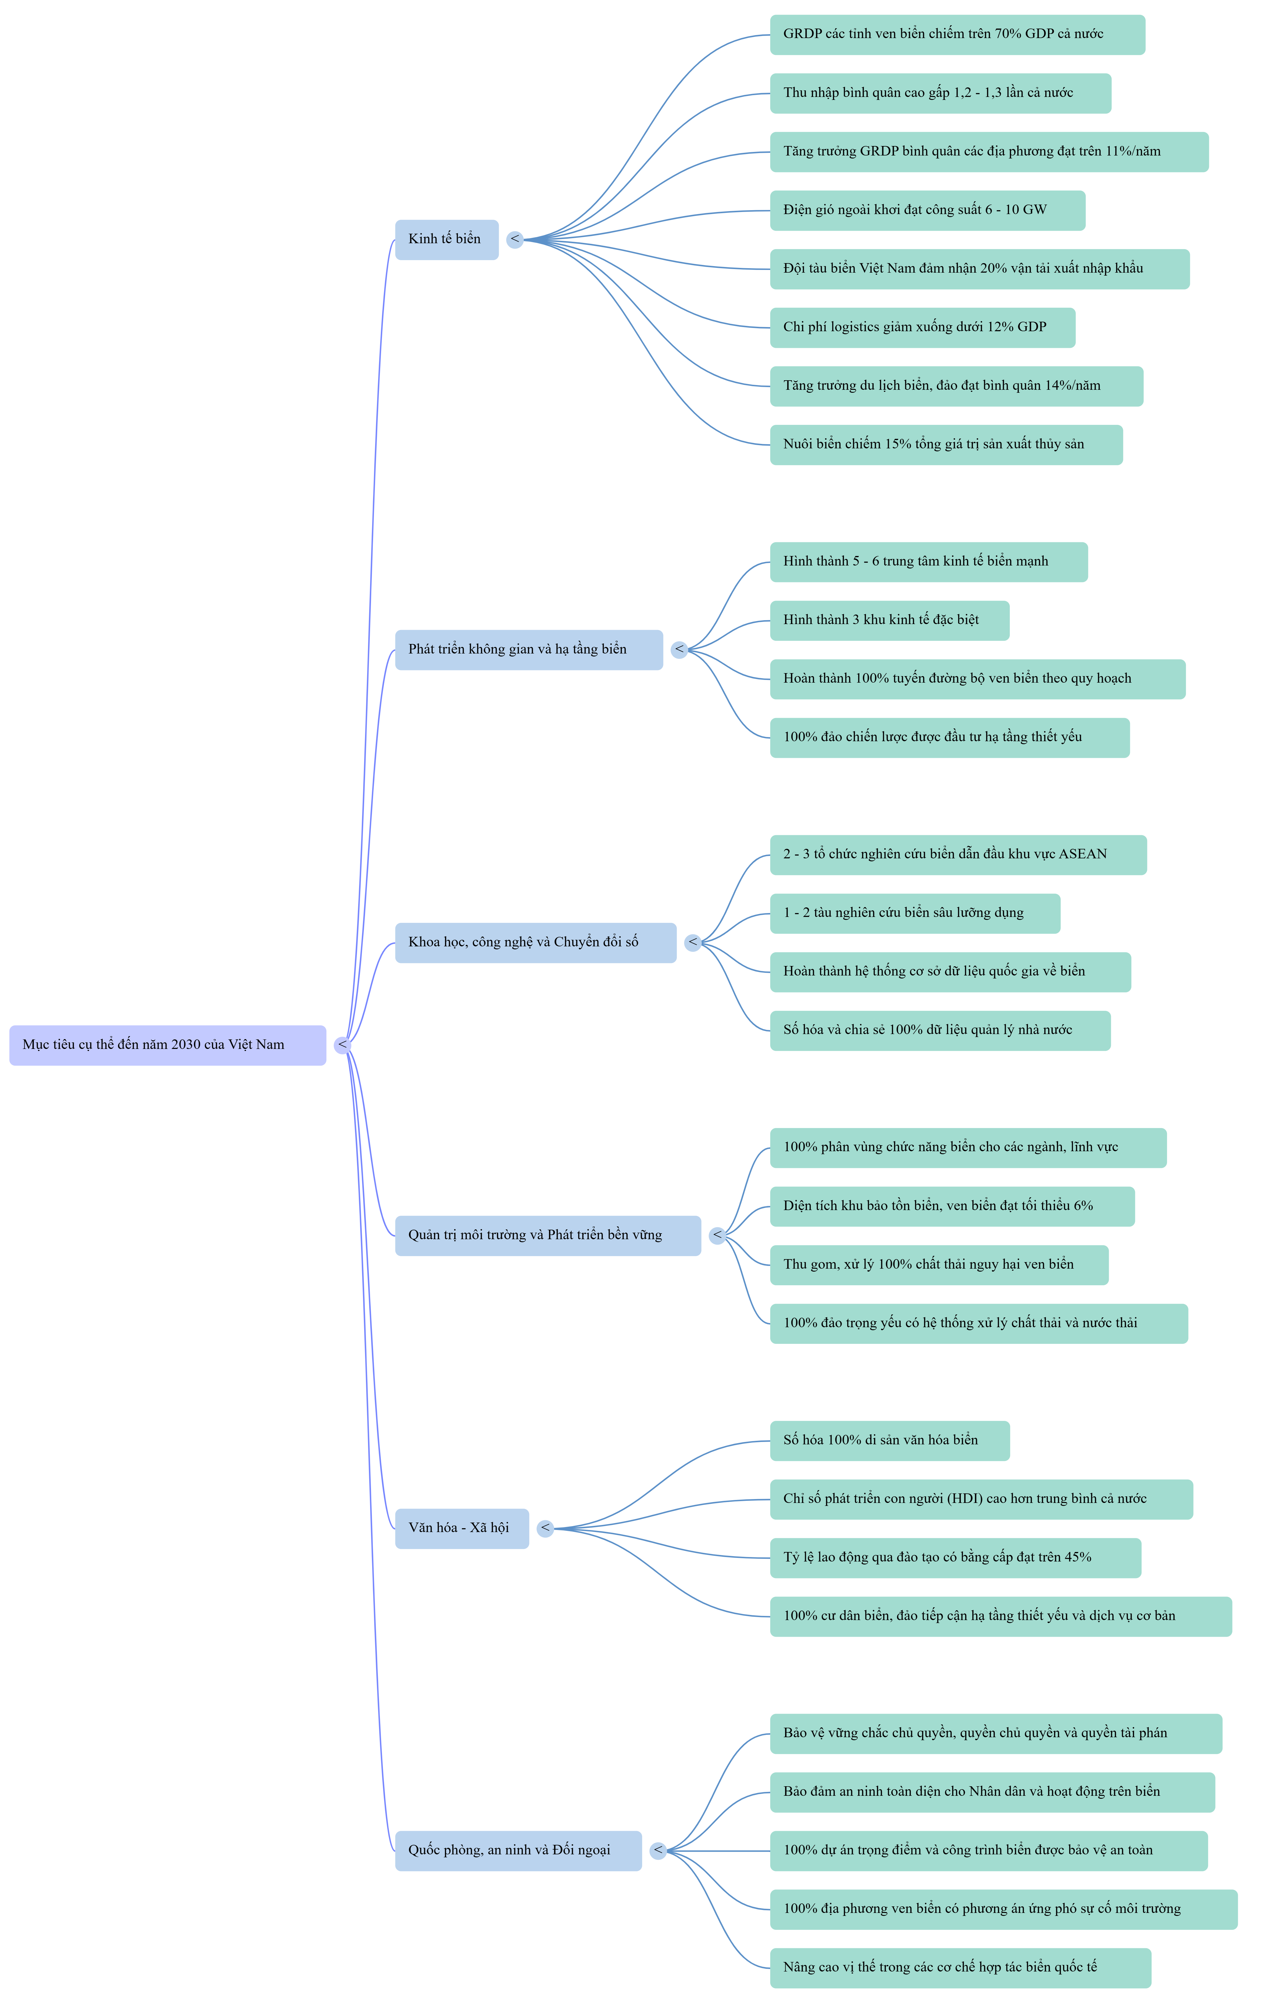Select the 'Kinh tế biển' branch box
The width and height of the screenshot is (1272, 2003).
pos(447,240)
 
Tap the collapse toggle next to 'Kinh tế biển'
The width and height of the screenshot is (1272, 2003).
pos(515,240)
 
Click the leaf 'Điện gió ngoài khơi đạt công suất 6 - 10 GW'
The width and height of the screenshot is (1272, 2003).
pos(927,210)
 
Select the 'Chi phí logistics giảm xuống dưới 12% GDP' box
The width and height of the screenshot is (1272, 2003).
pos(923,328)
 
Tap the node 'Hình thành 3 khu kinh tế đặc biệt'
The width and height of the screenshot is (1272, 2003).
pos(889,620)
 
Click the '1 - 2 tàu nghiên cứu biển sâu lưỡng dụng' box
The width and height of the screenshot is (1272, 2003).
pos(915,913)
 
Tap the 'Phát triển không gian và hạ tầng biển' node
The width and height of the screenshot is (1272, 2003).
pos(529,650)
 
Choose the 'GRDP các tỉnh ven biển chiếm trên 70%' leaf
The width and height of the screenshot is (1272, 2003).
pos(957,35)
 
